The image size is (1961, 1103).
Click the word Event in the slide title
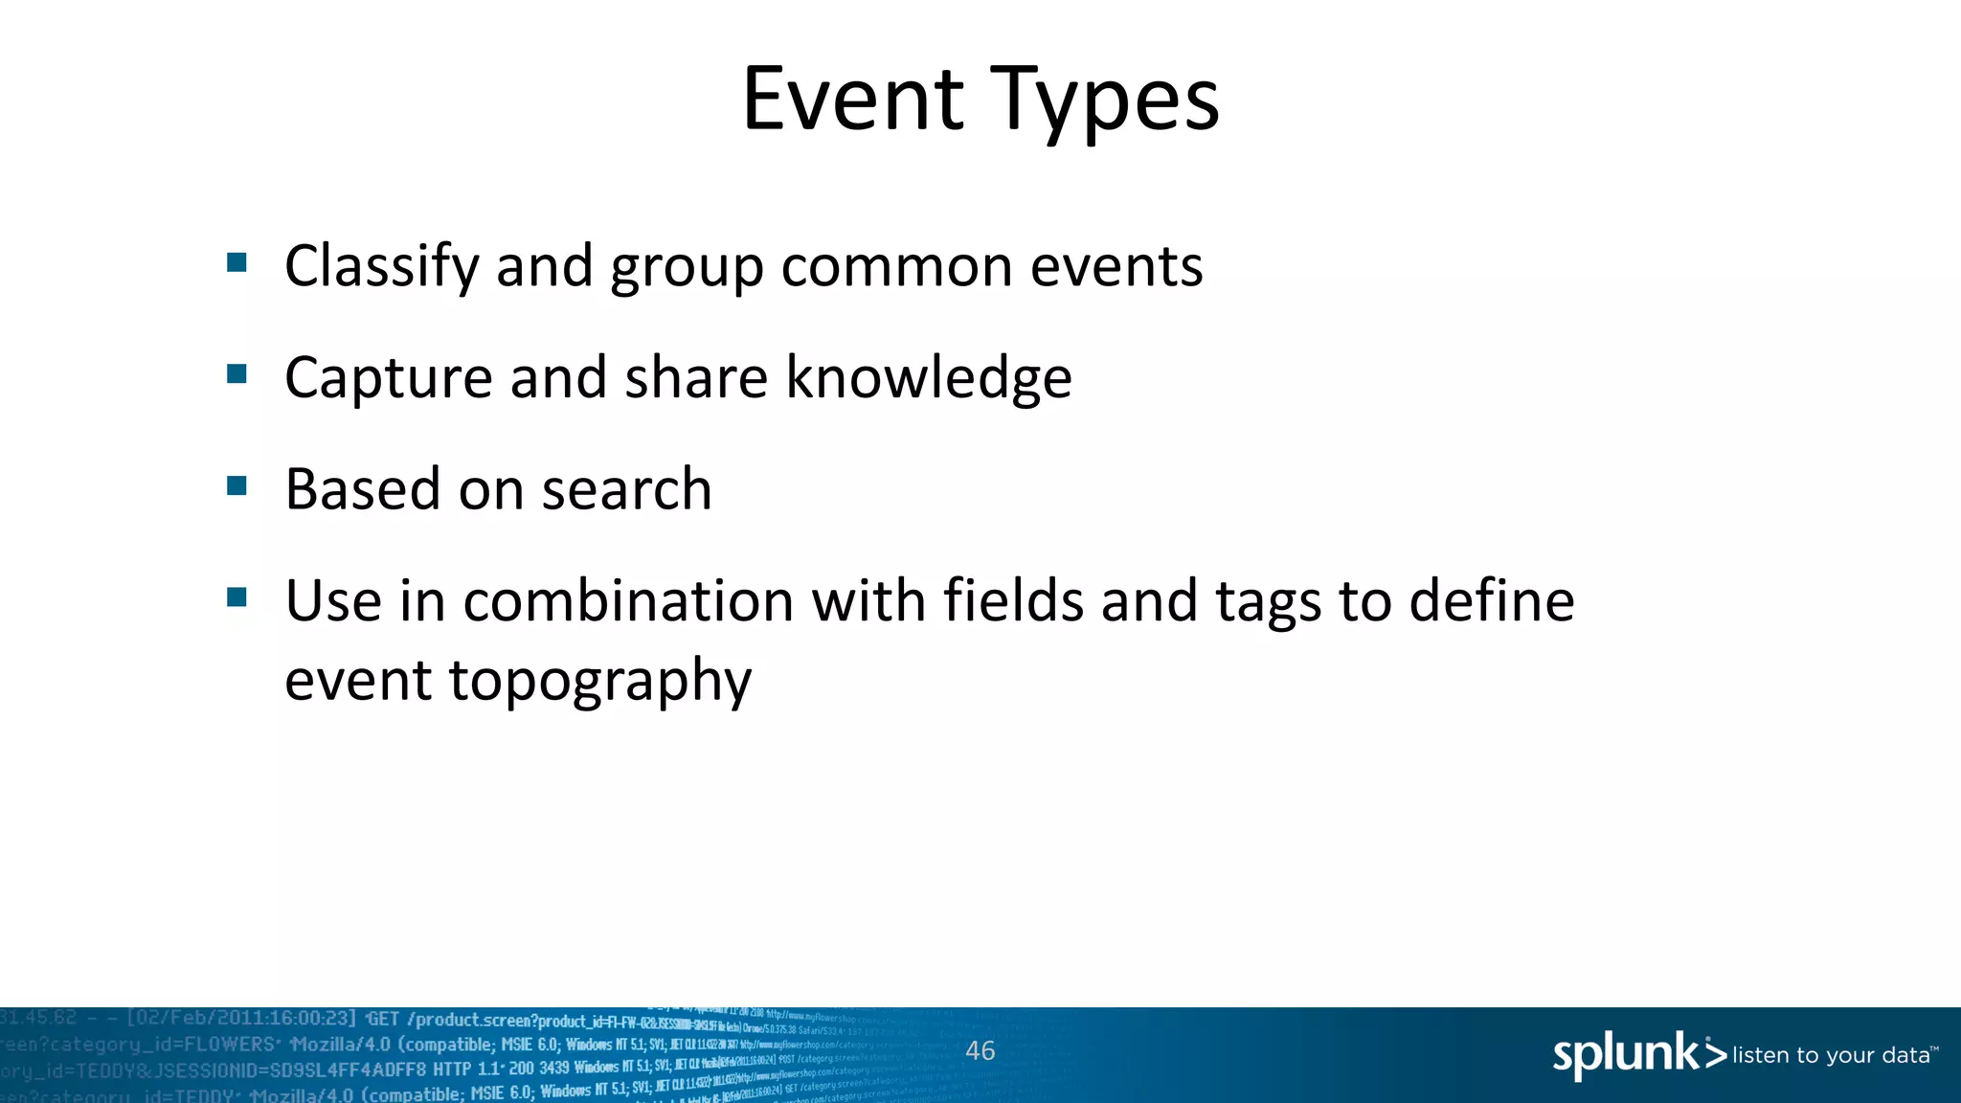coord(852,99)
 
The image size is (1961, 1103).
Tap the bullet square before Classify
coord(237,262)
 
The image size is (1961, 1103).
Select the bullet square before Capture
coord(237,374)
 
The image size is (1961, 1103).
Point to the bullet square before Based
coord(237,486)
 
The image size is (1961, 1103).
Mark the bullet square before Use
coord(237,598)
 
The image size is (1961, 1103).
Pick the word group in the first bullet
coord(687,268)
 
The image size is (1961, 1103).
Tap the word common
coord(896,266)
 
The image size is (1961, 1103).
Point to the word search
coord(626,489)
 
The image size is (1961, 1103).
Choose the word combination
coord(628,601)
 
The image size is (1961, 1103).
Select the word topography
coord(599,683)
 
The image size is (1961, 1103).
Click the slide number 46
coord(980,1050)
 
